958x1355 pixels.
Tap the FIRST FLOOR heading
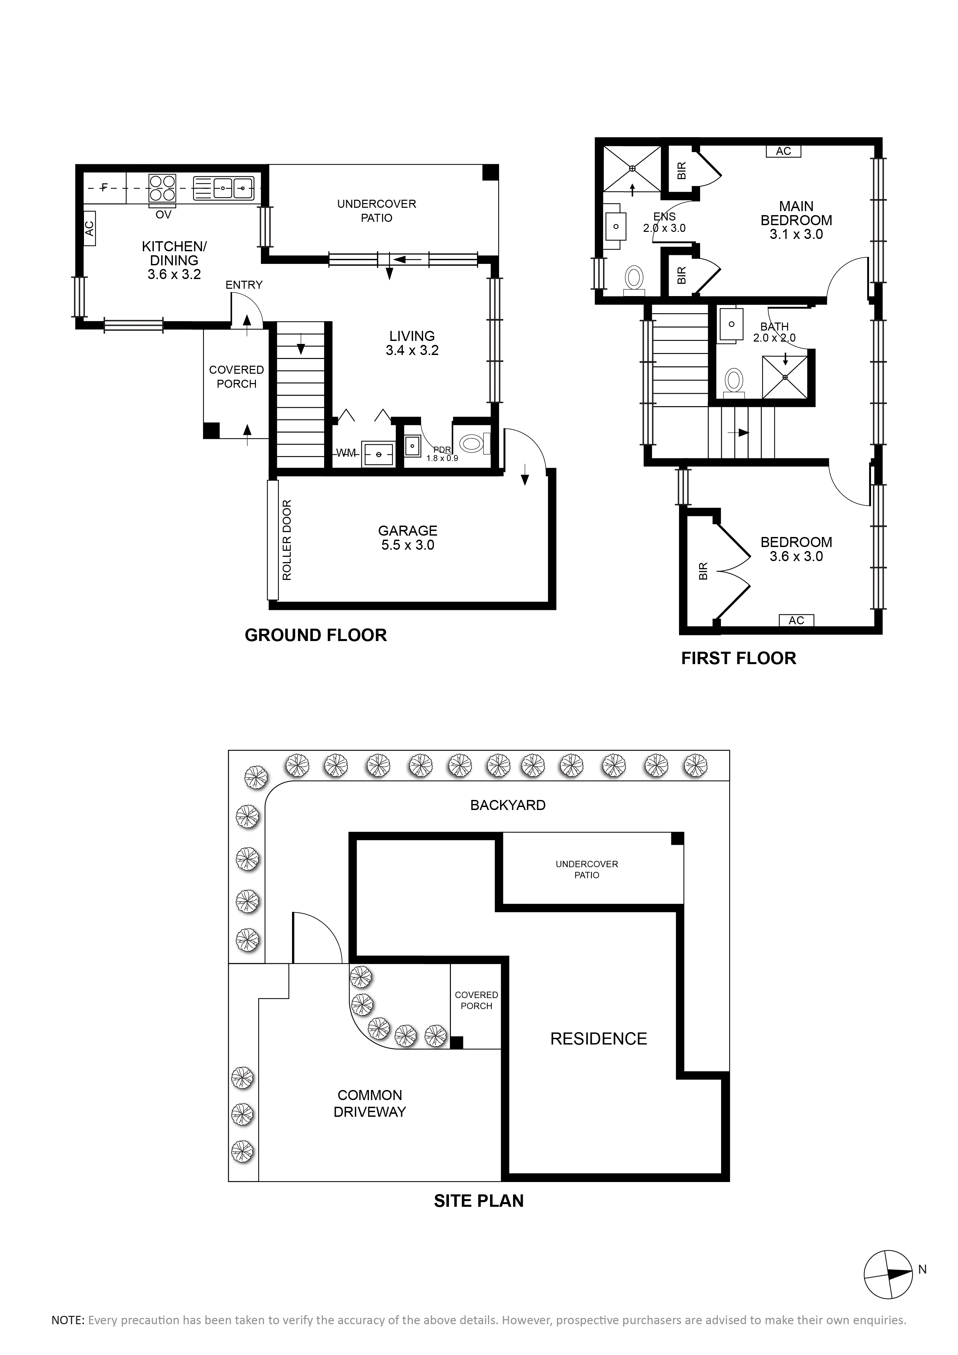point(739,658)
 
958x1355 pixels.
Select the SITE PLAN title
point(478,1200)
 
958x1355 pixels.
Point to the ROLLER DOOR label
point(287,540)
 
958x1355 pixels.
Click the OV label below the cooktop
point(164,215)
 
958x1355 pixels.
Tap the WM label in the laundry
point(346,453)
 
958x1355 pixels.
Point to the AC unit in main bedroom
point(783,151)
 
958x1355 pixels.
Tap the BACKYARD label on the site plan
point(508,805)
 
